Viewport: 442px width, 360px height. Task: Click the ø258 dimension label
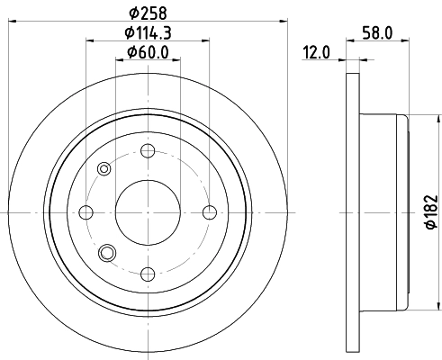[x=148, y=13]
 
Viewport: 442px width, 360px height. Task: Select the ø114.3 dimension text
[x=148, y=33]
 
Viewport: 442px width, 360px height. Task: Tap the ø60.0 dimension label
[x=148, y=52]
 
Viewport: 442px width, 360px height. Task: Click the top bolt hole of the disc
[x=149, y=150]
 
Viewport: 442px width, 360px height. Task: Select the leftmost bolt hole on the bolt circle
[x=87, y=212]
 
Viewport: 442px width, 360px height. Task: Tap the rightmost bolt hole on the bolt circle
[x=210, y=212]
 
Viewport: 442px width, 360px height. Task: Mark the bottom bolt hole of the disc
[x=149, y=274]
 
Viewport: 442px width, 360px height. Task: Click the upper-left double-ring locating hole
[x=104, y=168]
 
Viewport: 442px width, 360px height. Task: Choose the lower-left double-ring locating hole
[x=107, y=253]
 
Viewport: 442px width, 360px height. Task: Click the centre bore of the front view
[x=149, y=212]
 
